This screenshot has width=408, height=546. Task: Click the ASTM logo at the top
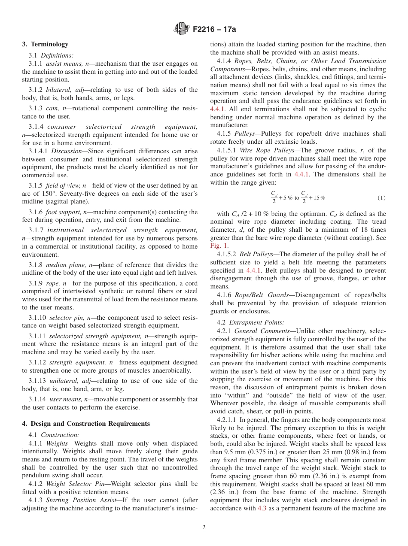[181, 29]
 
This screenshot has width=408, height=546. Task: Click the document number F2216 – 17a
[214, 30]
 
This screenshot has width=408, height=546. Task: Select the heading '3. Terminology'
[45, 44]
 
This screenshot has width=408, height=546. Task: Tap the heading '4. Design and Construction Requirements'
[86, 424]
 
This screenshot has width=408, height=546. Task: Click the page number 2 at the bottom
[204, 528]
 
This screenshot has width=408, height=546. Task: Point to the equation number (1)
[381, 198]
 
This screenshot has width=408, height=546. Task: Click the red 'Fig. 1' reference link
[219, 246]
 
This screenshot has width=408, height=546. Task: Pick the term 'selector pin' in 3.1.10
[67, 318]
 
